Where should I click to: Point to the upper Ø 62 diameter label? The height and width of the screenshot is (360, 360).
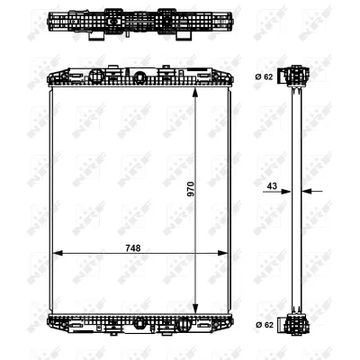point(264,76)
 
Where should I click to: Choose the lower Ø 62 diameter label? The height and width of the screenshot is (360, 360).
point(264,324)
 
